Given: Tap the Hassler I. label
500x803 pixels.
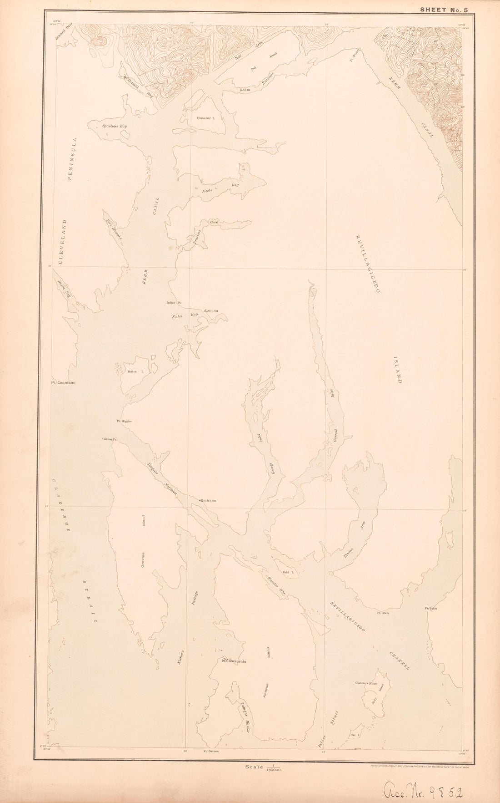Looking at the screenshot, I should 205,118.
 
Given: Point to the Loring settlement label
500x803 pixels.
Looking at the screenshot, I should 211,310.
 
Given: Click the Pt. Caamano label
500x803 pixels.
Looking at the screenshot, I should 63,383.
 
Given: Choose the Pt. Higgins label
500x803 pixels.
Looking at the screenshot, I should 124,421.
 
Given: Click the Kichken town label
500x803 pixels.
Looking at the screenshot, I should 208,500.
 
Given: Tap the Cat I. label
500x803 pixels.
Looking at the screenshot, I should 355,735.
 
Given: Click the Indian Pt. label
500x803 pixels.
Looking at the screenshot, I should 174,302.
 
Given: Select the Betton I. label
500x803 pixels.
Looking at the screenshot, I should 132,372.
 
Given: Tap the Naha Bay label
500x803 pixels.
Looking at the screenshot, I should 184,315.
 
